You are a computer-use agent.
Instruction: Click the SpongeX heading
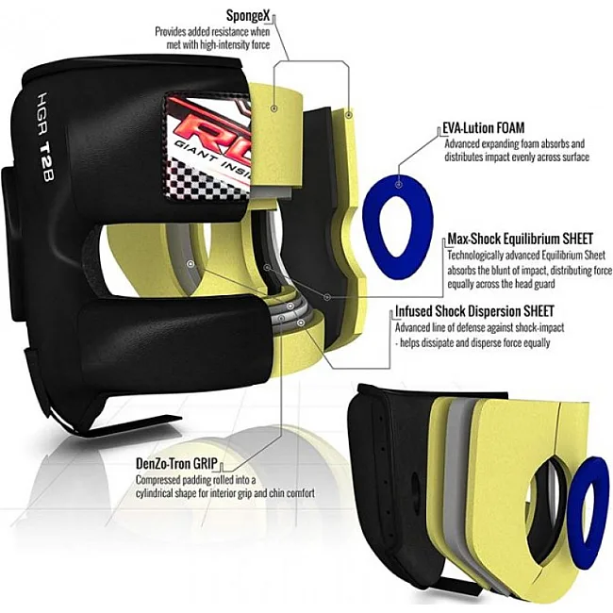(248, 16)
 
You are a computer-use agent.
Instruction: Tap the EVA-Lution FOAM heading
(483, 128)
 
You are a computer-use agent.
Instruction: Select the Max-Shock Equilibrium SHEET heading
(520, 238)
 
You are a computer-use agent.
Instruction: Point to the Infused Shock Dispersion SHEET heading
(474, 311)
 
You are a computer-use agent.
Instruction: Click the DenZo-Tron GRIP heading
(176, 463)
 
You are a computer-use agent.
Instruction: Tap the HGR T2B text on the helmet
(45, 137)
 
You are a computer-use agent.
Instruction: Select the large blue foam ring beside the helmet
(398, 226)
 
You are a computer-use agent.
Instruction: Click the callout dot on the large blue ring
(398, 184)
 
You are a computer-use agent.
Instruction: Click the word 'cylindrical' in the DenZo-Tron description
(155, 493)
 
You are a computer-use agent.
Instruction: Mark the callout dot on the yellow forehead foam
(274, 108)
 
